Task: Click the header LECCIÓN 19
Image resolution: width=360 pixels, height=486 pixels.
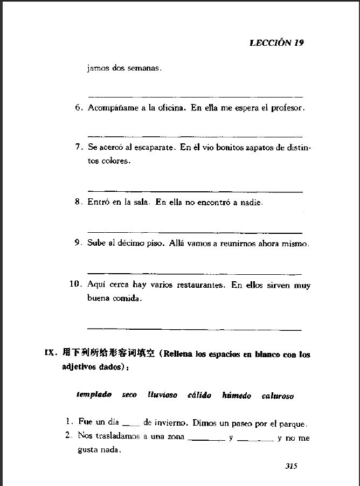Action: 276,43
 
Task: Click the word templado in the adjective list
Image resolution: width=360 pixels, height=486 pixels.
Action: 94,395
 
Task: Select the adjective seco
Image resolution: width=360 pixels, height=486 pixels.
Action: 129,395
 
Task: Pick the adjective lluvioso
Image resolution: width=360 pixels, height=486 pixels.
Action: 162,395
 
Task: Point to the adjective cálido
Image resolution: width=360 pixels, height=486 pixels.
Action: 199,395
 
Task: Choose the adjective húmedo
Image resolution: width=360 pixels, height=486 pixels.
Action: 237,395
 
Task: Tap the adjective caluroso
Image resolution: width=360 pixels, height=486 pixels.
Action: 278,396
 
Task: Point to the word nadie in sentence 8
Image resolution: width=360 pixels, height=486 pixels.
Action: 251,203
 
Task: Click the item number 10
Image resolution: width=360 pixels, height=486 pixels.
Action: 75,284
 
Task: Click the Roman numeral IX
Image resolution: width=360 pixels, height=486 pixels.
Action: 50,353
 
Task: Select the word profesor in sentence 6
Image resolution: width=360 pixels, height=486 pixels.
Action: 287,108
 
